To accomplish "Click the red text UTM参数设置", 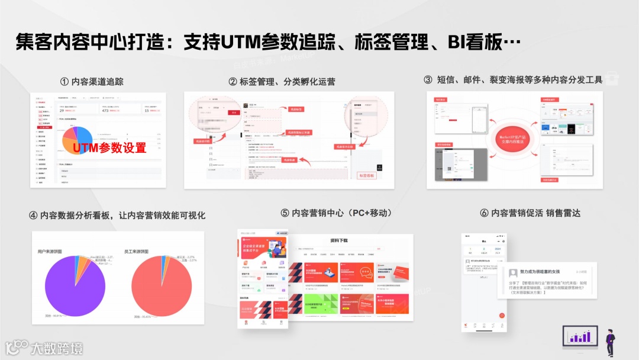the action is [110, 147].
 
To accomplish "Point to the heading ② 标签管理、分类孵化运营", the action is [282, 82].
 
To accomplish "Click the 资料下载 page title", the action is [339, 241].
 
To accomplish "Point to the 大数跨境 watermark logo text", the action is [57, 348].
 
